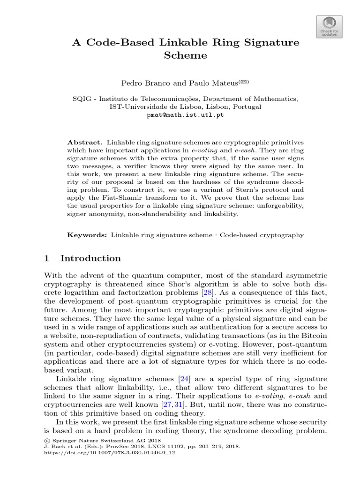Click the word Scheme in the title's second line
click(185, 55)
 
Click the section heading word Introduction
click(90, 258)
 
